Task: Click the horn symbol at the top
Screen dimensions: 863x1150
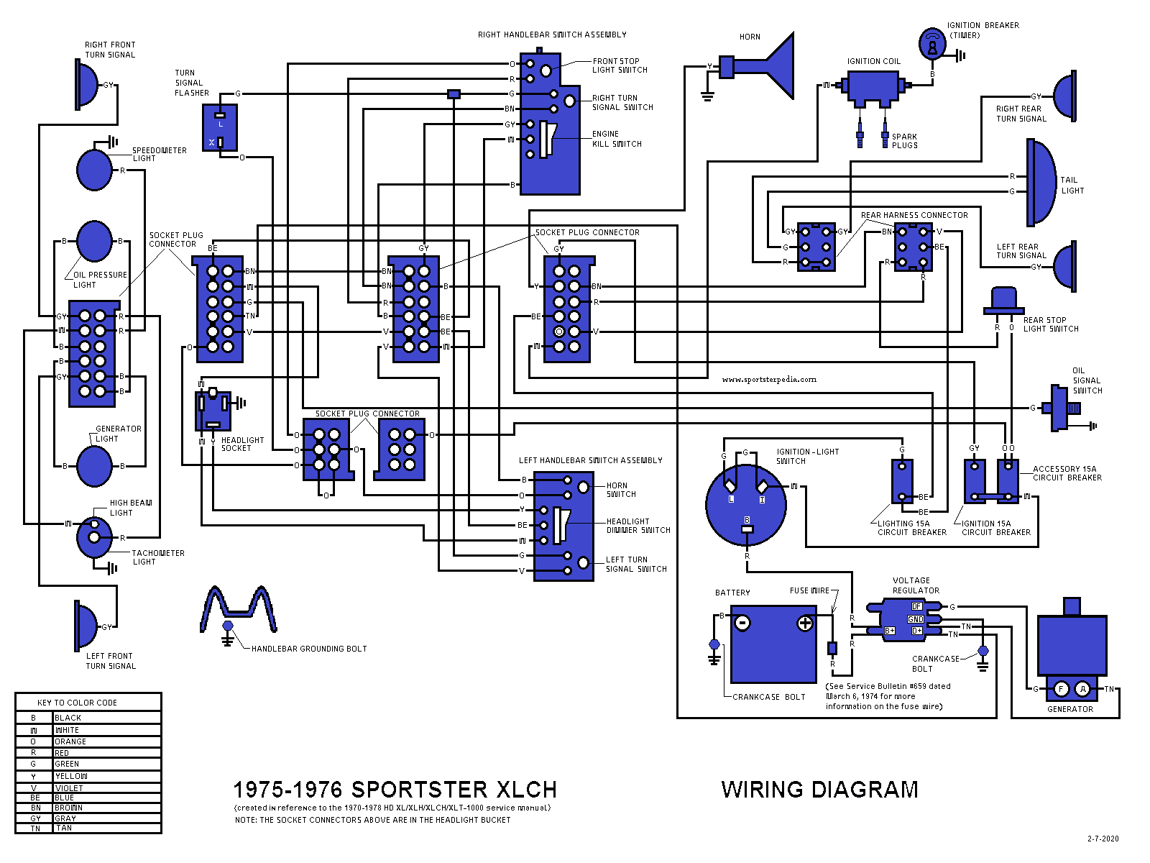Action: (773, 67)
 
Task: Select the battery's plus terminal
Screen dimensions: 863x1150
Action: (805, 624)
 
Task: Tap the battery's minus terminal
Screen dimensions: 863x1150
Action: (743, 623)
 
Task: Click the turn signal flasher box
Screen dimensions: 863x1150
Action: (219, 128)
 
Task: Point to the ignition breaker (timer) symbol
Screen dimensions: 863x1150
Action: (932, 45)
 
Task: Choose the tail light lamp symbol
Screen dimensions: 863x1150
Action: (1041, 182)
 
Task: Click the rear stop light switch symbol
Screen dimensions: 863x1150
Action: (1003, 301)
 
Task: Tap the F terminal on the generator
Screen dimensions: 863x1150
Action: (1061, 689)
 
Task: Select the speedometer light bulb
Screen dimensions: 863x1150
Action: (94, 170)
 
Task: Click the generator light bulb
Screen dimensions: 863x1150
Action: (94, 466)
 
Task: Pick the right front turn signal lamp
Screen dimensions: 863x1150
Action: (87, 85)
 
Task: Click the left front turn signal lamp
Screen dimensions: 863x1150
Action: (86, 626)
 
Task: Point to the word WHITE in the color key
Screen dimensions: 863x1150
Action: (68, 730)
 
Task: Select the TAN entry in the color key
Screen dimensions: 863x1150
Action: (64, 828)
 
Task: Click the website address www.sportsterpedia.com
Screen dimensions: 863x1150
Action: (769, 379)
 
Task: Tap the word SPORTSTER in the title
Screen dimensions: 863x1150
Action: (419, 790)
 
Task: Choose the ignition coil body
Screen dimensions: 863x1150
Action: (873, 86)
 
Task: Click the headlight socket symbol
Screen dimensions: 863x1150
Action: (213, 411)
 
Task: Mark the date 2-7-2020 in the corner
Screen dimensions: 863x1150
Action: (1103, 839)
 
